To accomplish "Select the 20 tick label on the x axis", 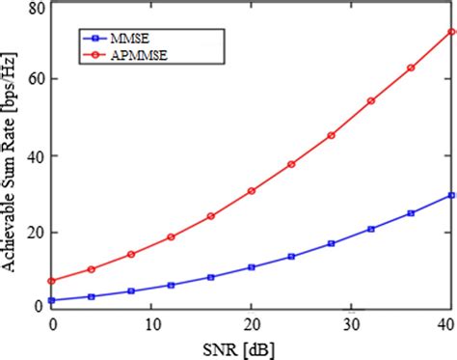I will (x=251, y=322).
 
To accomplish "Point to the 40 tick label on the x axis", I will (x=445, y=322).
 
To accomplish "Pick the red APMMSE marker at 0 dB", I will (x=51, y=281).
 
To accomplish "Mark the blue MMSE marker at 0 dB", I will (x=51, y=300).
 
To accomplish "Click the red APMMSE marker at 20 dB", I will (x=252, y=191).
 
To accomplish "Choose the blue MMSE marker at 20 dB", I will (x=252, y=266).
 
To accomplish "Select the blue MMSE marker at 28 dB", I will (x=332, y=243).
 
